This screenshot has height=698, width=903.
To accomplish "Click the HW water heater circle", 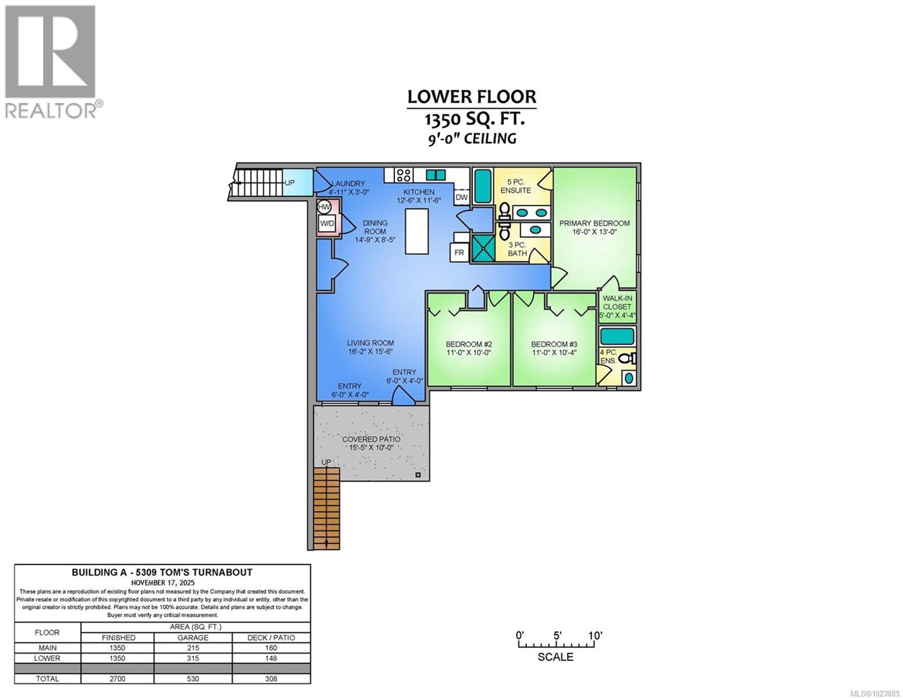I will point(324,207).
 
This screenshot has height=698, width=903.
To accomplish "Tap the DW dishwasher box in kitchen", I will point(461,197).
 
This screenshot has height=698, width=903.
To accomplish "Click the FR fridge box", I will point(459,252).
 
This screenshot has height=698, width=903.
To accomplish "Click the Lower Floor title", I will point(472,97).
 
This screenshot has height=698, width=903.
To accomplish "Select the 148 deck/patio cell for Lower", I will point(271,658).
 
